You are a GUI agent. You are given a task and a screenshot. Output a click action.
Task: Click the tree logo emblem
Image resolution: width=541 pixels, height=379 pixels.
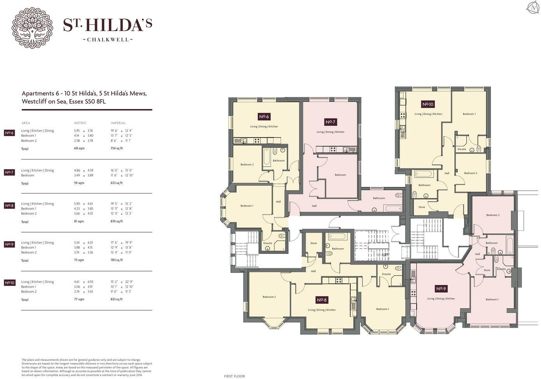pyautogui.click(x=32, y=28)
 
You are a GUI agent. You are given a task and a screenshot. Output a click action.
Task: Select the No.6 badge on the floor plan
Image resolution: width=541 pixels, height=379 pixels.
pyautogui.click(x=264, y=116)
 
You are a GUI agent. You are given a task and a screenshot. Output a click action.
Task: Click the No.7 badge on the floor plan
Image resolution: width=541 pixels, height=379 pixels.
pyautogui.click(x=330, y=122)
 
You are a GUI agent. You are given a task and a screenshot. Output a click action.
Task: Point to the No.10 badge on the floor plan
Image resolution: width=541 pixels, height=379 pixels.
pyautogui.click(x=428, y=104)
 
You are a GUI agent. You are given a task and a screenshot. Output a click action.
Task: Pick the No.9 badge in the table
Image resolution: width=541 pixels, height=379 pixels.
pyautogui.click(x=9, y=244)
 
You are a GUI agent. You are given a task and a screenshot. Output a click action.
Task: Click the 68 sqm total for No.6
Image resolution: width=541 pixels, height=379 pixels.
pyautogui.click(x=79, y=149)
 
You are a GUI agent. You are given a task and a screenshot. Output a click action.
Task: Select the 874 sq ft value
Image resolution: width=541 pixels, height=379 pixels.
pyautogui.click(x=117, y=221)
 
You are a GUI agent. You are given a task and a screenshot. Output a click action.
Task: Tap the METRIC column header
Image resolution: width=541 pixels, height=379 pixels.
pyautogui.click(x=80, y=123)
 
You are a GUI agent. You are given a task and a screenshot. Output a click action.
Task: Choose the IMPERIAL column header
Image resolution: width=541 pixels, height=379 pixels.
pyautogui.click(x=118, y=123)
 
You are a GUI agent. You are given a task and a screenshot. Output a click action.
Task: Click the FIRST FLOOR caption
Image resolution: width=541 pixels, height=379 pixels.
pyautogui.click(x=234, y=376)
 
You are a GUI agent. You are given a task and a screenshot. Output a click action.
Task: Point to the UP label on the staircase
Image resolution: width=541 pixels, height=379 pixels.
pyautogui.click(x=384, y=255)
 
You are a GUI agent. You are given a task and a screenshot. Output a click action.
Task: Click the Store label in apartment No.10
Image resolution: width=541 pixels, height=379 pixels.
pyautogui.click(x=422, y=207)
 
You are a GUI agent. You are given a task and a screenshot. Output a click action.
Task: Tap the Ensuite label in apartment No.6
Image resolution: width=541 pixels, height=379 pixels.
pyautogui.click(x=268, y=243)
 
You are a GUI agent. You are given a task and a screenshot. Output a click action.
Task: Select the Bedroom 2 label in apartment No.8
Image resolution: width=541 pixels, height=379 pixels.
pyautogui.click(x=269, y=297)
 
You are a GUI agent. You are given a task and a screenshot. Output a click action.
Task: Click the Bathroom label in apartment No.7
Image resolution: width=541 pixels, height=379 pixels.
pyautogui.click(x=379, y=198)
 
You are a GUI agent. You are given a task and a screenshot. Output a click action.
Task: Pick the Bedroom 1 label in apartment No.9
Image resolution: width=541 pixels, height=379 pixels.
pyautogui.click(x=492, y=299)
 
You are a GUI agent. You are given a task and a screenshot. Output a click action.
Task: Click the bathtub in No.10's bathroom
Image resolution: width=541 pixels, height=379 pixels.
pyautogui.click(x=424, y=174)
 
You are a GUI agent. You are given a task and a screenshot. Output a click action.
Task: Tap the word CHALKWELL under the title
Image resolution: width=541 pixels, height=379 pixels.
pyautogui.click(x=108, y=40)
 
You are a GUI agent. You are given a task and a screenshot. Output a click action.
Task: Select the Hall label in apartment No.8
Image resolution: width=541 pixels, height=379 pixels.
pyautogui.click(x=313, y=271)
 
